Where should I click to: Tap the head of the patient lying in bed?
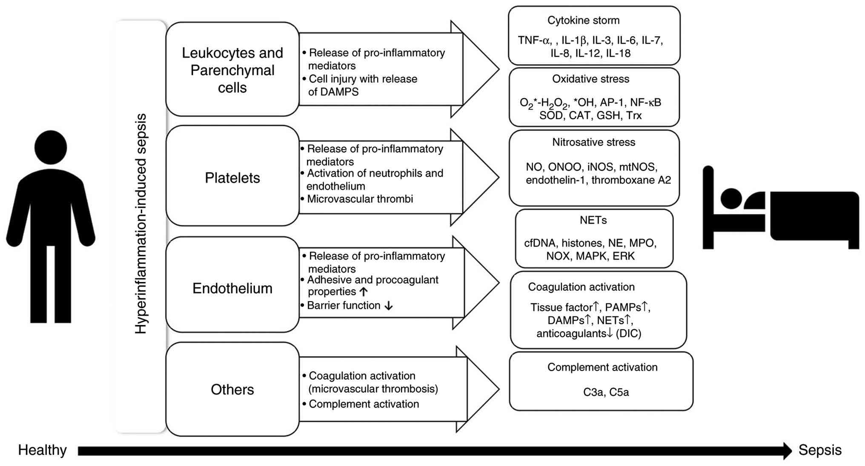click(731, 198)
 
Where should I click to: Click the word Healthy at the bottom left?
click(42, 450)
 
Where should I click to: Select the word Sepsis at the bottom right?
click(819, 450)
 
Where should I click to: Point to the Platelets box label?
click(232, 178)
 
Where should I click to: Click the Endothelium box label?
click(232, 288)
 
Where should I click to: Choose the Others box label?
click(232, 389)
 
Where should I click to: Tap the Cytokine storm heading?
click(583, 20)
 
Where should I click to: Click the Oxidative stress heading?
click(590, 79)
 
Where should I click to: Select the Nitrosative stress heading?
click(593, 142)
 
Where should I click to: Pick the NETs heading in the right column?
click(593, 220)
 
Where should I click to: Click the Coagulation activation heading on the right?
click(581, 287)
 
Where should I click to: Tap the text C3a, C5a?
click(606, 392)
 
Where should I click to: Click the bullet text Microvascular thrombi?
click(360, 199)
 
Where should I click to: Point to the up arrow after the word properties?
click(363, 292)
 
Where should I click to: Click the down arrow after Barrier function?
click(388, 306)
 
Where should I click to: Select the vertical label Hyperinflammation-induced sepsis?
click(140, 224)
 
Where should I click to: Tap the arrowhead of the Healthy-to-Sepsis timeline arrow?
click(787, 451)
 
